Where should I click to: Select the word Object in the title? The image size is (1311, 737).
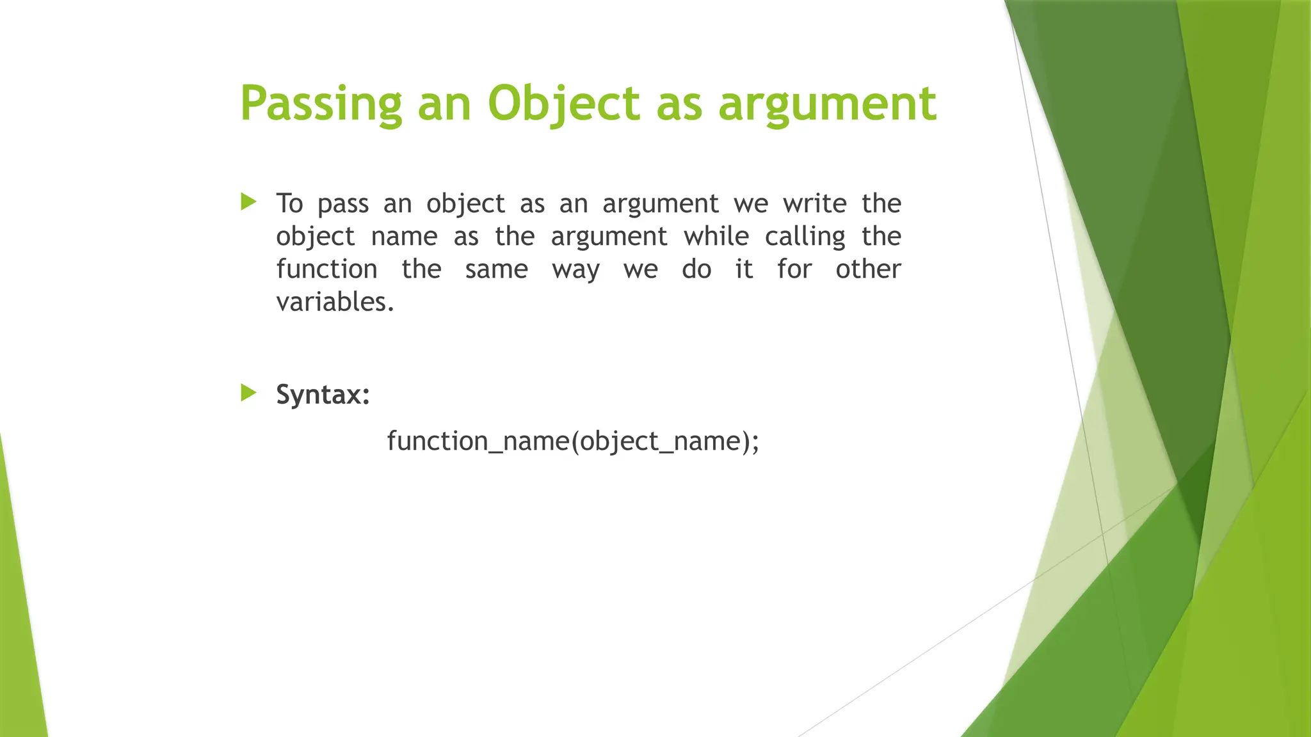[x=563, y=104]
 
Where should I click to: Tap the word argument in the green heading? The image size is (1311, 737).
[x=828, y=104]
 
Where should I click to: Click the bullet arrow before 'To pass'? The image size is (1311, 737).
[x=248, y=202]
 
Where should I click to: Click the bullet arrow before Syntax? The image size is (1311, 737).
[x=248, y=392]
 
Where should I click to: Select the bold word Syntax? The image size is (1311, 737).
[x=323, y=394]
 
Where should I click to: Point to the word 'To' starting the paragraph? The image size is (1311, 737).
[x=289, y=203]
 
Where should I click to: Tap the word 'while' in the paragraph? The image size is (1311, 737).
[x=716, y=237]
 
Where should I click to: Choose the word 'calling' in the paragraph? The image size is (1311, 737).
[x=805, y=237]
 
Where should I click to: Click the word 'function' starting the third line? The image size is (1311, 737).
[x=326, y=269]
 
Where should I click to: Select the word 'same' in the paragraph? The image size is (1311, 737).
[x=496, y=269]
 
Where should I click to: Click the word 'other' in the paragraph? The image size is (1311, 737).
[x=868, y=269]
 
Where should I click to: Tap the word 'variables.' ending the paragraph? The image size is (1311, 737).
[x=335, y=302]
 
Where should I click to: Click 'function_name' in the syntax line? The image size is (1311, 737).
[x=478, y=441]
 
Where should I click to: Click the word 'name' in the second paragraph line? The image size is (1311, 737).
[x=404, y=237]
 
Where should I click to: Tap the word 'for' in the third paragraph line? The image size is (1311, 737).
[x=794, y=269]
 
